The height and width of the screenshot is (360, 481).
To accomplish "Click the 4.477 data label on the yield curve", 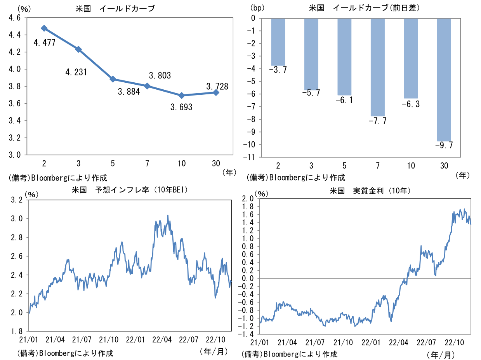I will click(x=45, y=43).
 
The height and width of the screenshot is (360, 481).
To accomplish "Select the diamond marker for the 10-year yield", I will click(x=182, y=96).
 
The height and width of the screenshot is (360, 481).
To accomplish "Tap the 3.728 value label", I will click(x=217, y=86).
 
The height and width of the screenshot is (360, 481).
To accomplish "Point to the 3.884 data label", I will click(x=129, y=92).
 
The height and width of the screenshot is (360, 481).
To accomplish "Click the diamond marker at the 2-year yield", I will click(x=44, y=28).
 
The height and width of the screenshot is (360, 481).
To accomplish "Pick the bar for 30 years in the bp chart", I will click(x=444, y=80).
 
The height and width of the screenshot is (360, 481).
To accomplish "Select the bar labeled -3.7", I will click(x=278, y=42).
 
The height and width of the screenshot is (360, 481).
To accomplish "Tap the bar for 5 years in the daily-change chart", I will click(x=344, y=57).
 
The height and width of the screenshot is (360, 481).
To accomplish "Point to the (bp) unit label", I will click(x=257, y=7).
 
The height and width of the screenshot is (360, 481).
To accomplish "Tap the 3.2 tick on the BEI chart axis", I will click(x=17, y=200).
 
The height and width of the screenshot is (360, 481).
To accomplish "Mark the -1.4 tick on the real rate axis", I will click(x=248, y=334).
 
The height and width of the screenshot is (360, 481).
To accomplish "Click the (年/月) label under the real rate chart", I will click(x=440, y=355).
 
